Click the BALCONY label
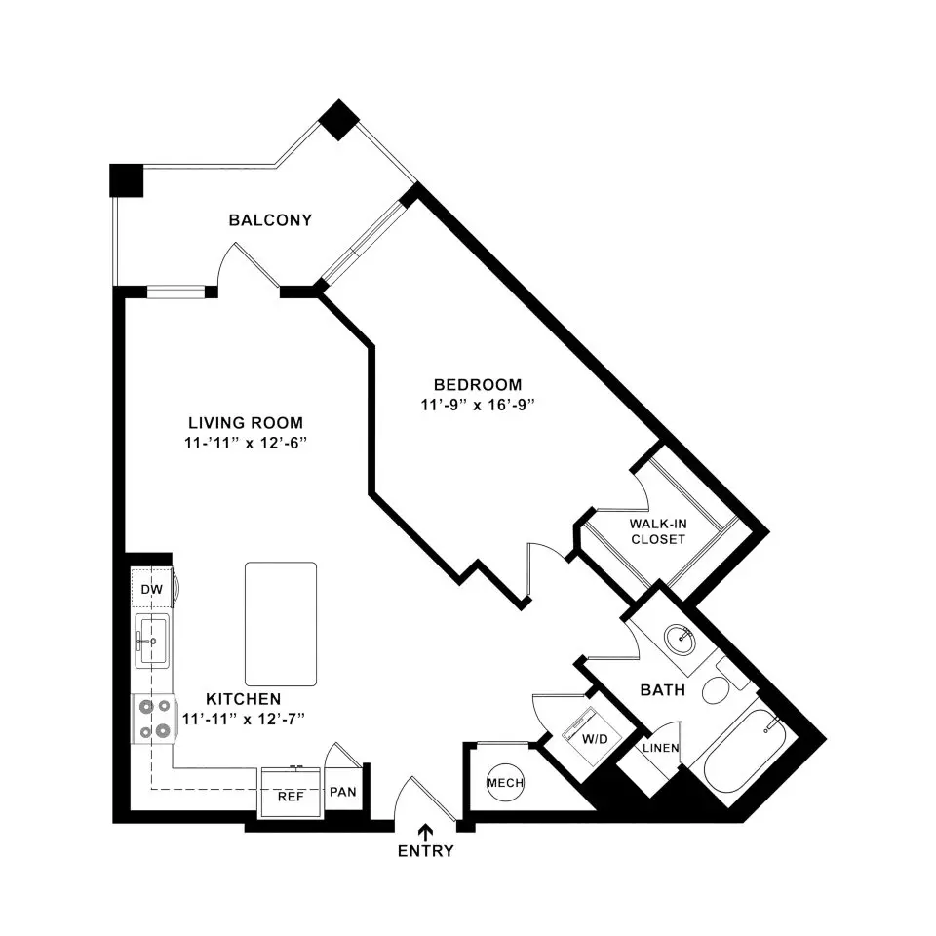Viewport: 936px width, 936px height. (x=270, y=220)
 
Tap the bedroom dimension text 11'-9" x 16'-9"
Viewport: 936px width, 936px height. (x=477, y=406)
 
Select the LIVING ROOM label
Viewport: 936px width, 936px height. (x=246, y=423)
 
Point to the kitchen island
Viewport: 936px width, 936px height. (x=281, y=624)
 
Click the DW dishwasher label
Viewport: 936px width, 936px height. (x=152, y=590)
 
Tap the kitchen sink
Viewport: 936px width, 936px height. (x=152, y=641)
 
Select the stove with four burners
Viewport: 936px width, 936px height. (x=153, y=719)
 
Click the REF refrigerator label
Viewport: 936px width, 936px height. (x=291, y=797)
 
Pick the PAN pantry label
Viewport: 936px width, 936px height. (x=342, y=792)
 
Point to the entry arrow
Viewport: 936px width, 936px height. (x=426, y=832)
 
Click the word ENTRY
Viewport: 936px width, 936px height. (x=426, y=851)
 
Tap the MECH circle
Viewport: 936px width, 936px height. (x=505, y=783)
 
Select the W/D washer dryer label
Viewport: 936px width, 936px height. (x=595, y=740)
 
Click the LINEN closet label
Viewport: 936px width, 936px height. (x=661, y=748)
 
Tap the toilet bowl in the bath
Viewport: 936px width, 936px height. (x=715, y=692)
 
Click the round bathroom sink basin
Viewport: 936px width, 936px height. (x=680, y=640)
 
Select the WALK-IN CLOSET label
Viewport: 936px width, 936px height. (x=658, y=532)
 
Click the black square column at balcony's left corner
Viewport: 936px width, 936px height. (x=127, y=180)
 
